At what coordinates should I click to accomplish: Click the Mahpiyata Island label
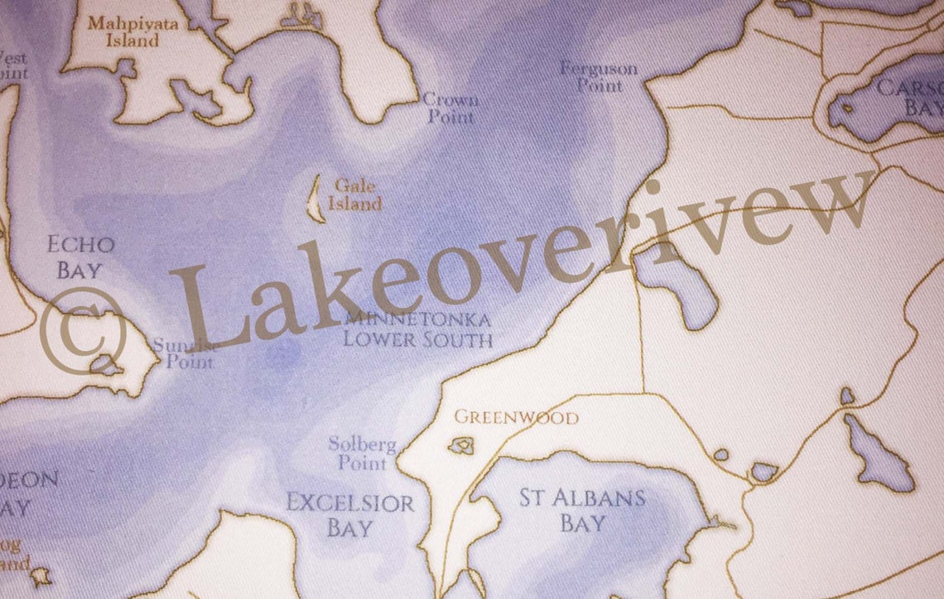tap(122, 31)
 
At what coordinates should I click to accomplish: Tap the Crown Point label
tap(450, 108)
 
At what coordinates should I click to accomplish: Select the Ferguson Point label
tap(598, 76)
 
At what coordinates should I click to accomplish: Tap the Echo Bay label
tap(80, 256)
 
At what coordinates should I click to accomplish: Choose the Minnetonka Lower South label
tap(417, 329)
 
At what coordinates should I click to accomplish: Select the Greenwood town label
tap(516, 418)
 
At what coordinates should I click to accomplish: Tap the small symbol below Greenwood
tap(460, 447)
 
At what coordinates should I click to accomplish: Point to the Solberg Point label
tap(362, 453)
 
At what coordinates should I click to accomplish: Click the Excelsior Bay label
tap(349, 515)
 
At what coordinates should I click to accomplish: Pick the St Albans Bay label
tap(582, 510)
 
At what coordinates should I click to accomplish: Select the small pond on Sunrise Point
tap(105, 364)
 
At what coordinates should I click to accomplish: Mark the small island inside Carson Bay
tap(846, 108)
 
